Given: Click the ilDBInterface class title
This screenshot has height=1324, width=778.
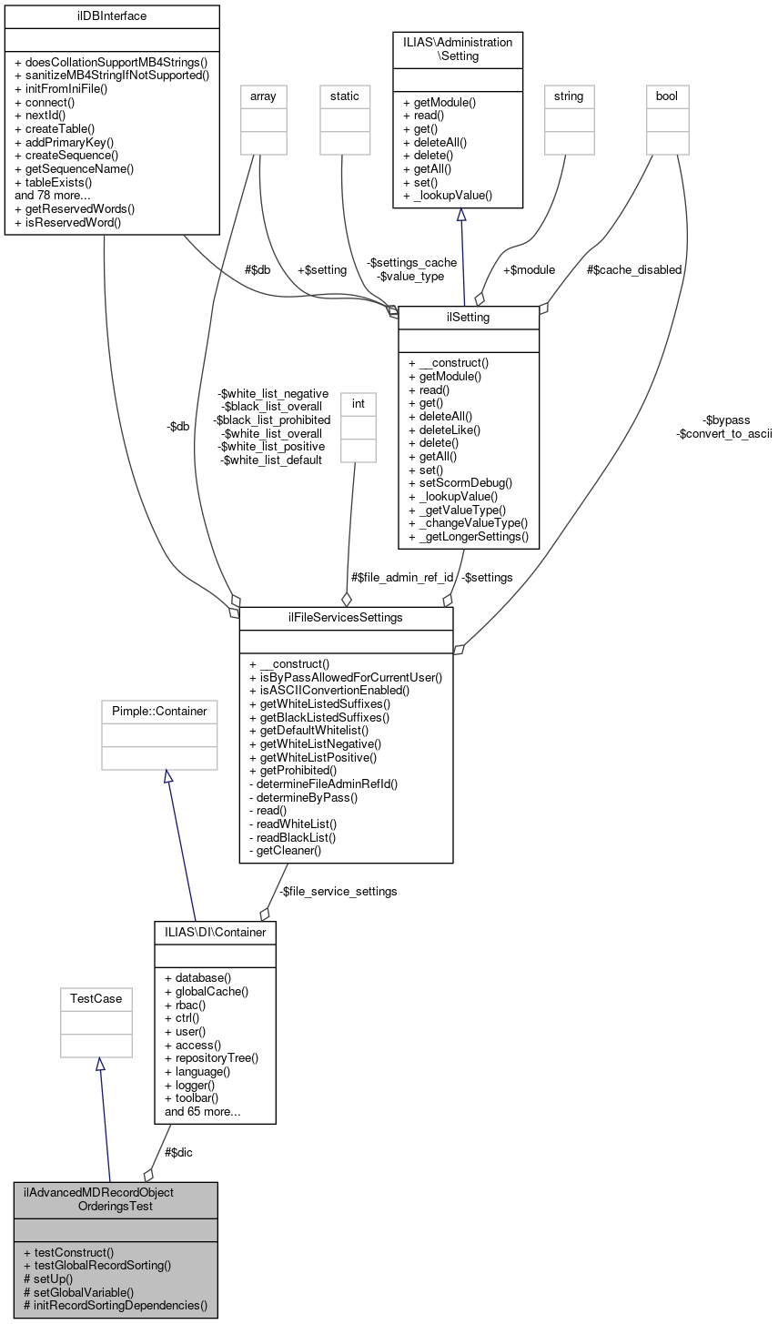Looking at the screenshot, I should (x=112, y=15).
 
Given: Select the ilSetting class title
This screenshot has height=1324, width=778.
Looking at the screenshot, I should (x=469, y=317).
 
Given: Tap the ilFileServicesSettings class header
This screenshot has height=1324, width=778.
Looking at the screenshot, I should (x=346, y=619).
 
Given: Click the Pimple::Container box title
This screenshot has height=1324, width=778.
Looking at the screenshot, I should (x=159, y=711).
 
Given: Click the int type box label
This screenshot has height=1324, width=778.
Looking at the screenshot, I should (x=358, y=402).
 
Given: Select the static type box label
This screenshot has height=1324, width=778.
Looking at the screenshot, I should (x=344, y=96).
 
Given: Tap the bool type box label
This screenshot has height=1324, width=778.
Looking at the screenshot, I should (x=667, y=96).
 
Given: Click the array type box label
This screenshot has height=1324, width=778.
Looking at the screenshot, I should (x=261, y=96).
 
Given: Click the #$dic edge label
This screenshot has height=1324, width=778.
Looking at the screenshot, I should (x=178, y=1152).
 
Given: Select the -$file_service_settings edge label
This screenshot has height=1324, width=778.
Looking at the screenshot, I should (x=338, y=892).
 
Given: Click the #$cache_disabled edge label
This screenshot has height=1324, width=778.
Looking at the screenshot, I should (x=634, y=269).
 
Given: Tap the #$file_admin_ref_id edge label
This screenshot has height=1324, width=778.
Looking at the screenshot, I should (x=402, y=577).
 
